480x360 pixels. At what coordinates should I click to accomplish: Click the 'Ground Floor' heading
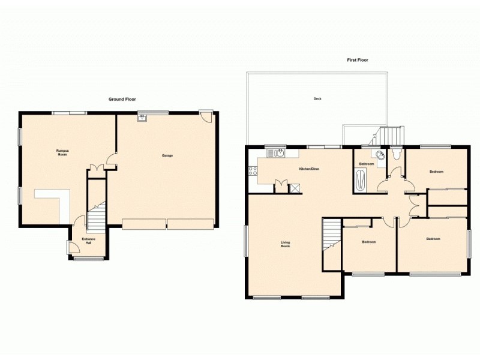coord(123,99)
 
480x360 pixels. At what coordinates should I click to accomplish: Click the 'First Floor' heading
coord(358,60)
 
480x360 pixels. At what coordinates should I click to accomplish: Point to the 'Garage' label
coord(167,156)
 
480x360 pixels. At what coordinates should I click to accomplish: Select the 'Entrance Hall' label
coord(88,241)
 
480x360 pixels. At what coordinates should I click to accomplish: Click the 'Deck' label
coord(317,99)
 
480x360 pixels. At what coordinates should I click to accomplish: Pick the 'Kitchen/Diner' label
coord(309,169)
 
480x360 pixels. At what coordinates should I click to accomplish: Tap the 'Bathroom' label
coord(367,164)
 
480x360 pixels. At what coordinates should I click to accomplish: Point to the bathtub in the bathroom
coord(360,181)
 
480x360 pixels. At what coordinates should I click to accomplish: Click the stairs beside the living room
coord(331,235)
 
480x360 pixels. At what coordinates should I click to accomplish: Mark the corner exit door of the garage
coord(206,116)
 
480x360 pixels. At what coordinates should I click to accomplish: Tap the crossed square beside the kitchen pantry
coord(295,188)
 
